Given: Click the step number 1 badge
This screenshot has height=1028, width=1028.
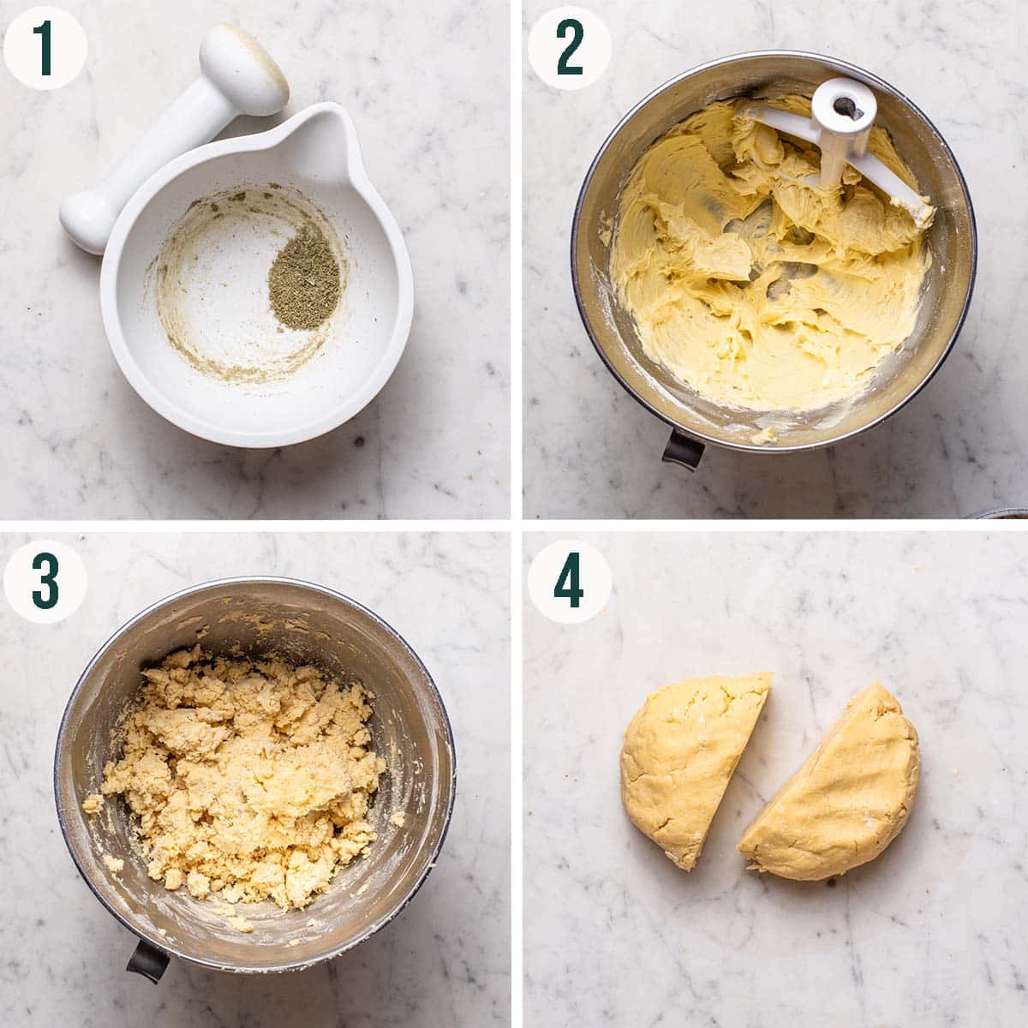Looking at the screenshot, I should [45, 47].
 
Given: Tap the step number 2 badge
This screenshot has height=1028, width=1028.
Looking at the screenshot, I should [568, 47].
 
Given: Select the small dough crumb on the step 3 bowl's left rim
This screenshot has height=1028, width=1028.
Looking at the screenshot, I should [92, 804].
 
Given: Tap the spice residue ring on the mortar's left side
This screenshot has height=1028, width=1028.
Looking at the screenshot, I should [167, 283].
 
